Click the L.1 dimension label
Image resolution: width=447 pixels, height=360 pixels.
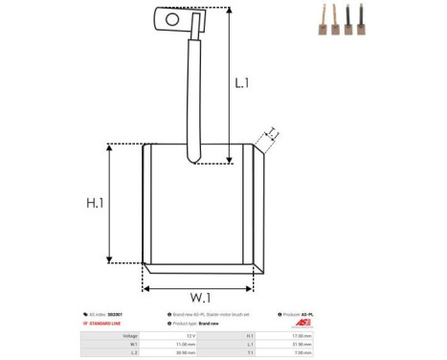pos(242,84)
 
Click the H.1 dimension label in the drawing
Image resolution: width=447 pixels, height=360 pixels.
pos(95,203)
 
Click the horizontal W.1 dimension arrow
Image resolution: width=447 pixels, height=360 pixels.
pos(198,285)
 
